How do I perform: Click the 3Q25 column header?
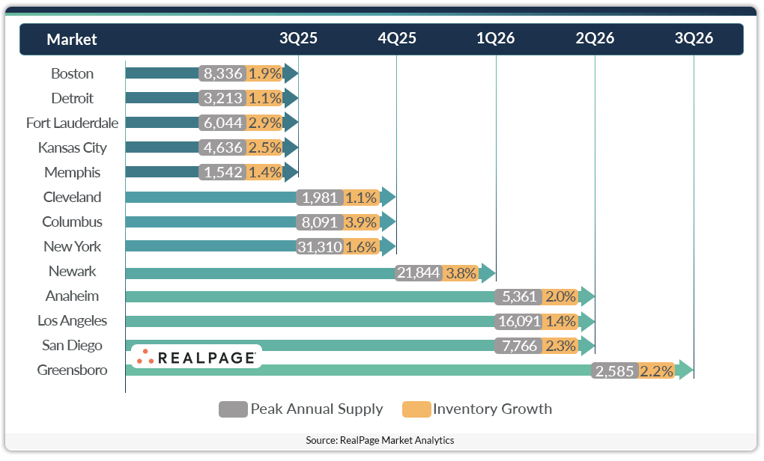pyautogui.click(x=298, y=39)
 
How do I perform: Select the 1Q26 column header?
pyautogui.click(x=496, y=39)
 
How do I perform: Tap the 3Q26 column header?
pyautogui.click(x=694, y=39)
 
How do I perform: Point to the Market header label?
pyautogui.click(x=72, y=40)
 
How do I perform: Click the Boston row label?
pyautogui.click(x=72, y=73)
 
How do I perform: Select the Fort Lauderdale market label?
pyautogui.click(x=72, y=123)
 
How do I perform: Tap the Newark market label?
pyautogui.click(x=72, y=271)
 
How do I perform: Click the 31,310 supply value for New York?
pyautogui.click(x=320, y=247)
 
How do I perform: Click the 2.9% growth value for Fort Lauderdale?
pyautogui.click(x=264, y=123)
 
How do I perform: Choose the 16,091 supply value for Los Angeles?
pyautogui.click(x=518, y=321)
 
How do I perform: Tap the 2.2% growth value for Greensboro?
pyautogui.click(x=657, y=370)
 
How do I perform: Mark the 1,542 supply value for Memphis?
pyautogui.click(x=223, y=173)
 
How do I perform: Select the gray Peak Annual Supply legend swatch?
pyautogui.click(x=233, y=409)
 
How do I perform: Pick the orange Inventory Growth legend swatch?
pyautogui.click(x=416, y=409)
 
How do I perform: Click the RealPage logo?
pyautogui.click(x=196, y=357)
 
